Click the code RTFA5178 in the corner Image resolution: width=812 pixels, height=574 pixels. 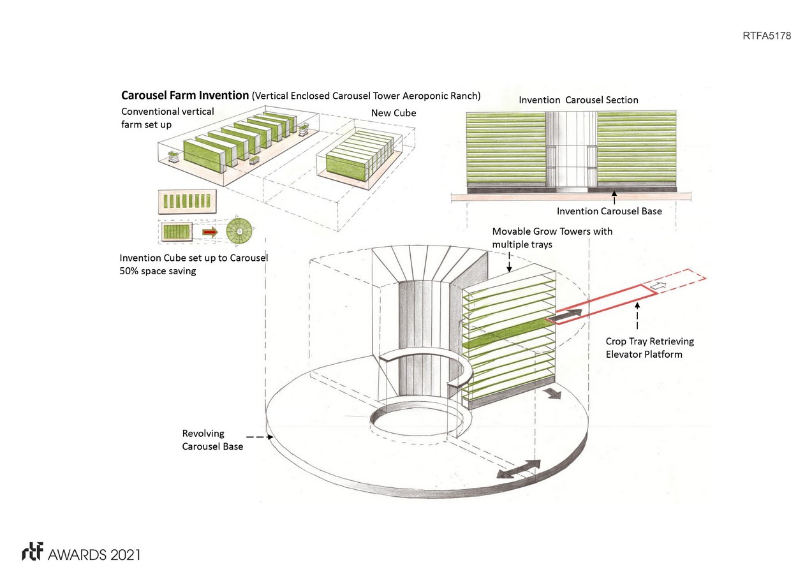[x=767, y=36]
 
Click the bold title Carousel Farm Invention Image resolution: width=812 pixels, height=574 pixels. [x=185, y=96]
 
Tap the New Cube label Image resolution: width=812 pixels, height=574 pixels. [x=394, y=113]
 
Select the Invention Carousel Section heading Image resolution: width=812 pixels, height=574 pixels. [x=578, y=100]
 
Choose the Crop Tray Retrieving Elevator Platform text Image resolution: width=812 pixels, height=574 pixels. [x=649, y=348]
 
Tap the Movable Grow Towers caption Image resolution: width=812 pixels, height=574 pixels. [x=552, y=237]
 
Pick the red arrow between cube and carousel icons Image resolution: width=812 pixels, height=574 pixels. [x=210, y=232]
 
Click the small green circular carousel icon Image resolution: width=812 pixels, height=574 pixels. [x=239, y=230]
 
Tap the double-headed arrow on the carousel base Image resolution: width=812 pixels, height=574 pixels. [x=518, y=469]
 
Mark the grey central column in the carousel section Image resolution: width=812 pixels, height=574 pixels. [x=571, y=152]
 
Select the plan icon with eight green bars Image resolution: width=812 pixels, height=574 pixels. [x=186, y=202]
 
